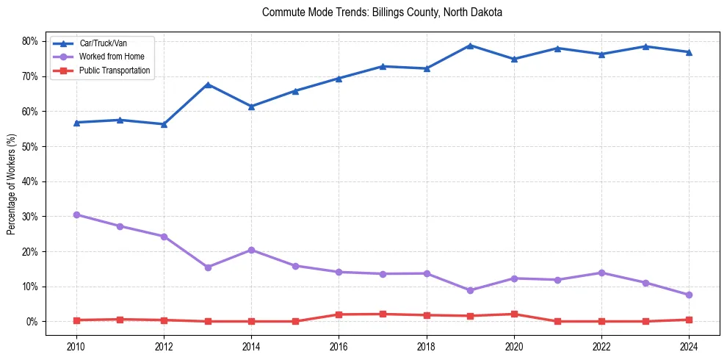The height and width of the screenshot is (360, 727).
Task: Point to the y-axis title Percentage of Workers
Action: click(x=11, y=184)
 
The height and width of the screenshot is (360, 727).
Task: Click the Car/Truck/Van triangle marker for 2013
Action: click(x=208, y=84)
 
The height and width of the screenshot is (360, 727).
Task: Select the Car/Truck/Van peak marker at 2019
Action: click(x=470, y=46)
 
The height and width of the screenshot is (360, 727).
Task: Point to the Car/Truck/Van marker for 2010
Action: click(x=76, y=123)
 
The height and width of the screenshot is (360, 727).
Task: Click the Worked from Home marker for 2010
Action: click(x=76, y=215)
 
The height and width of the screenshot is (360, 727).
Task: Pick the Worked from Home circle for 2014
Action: click(x=251, y=250)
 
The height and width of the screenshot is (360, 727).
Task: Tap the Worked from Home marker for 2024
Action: click(x=688, y=295)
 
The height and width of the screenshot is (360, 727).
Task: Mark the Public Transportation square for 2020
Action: click(x=513, y=314)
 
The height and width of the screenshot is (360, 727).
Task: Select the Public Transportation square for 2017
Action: click(x=383, y=314)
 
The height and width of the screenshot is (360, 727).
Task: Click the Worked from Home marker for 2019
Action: click(x=470, y=290)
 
